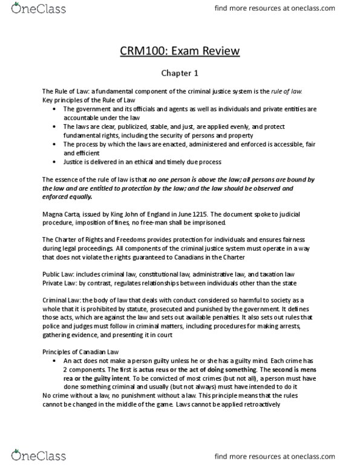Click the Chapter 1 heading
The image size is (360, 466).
point(180,73)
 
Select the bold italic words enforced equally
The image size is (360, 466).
point(67,196)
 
